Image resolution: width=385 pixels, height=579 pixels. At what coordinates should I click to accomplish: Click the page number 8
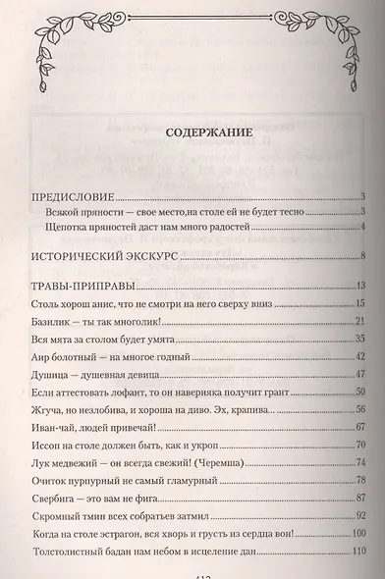362,259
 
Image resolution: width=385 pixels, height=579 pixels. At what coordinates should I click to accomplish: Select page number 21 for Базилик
360,322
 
